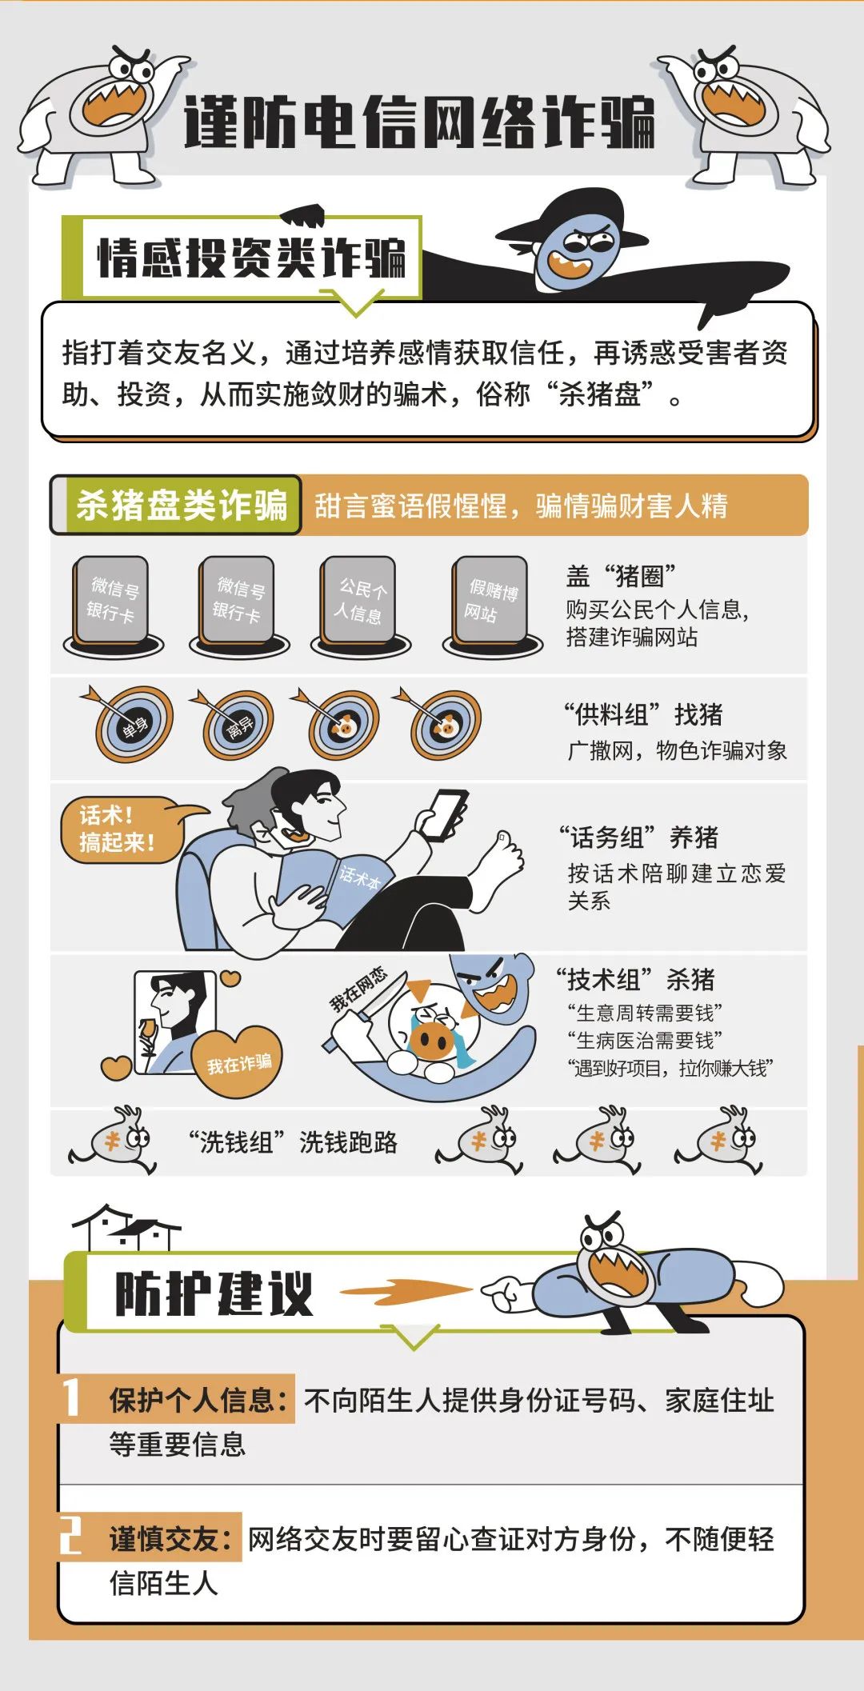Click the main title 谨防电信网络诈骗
pyautogui.click(x=419, y=122)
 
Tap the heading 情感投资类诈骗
pyautogui.click(x=252, y=258)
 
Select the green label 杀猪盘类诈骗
pyautogui.click(x=181, y=506)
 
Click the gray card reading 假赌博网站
pyautogui.click(x=490, y=602)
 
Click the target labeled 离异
pyautogui.click(x=238, y=726)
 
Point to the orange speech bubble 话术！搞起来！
pyautogui.click(x=120, y=830)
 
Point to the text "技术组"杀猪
pyautogui.click(x=636, y=979)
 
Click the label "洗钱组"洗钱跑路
pyautogui.click(x=294, y=1142)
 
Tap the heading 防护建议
pyautogui.click(x=214, y=1293)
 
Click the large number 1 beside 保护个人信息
pyautogui.click(x=72, y=1397)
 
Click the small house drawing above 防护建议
pyautogui.click(x=126, y=1229)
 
